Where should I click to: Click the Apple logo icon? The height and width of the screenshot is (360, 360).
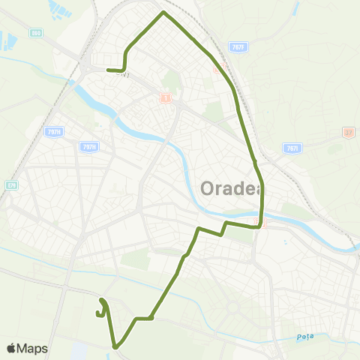[x=11, y=349]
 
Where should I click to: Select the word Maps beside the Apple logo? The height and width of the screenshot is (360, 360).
[x=32, y=349]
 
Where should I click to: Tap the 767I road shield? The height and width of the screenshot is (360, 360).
[x=292, y=148]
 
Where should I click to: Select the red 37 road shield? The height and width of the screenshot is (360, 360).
[x=347, y=133]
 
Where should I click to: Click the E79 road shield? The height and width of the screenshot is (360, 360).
[x=10, y=184]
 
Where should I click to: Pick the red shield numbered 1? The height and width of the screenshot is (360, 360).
[x=166, y=97]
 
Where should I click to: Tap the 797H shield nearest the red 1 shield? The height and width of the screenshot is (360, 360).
[x=88, y=148]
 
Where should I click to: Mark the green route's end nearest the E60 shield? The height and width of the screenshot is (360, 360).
[x=108, y=70]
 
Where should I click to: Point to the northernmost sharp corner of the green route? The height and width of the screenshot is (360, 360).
[x=163, y=13]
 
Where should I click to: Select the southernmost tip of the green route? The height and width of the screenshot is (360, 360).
[x=116, y=347]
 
